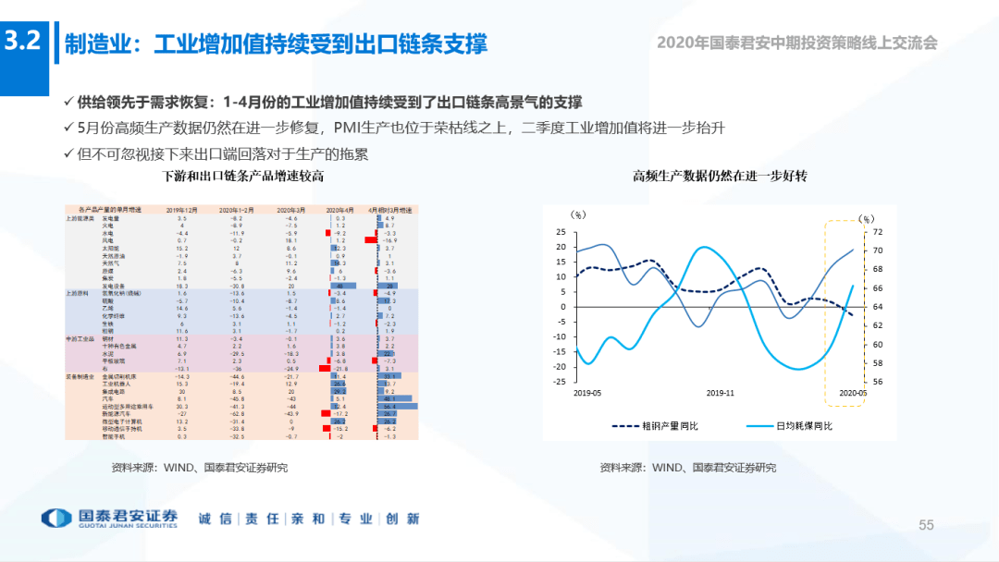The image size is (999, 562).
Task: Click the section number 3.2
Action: [23, 42]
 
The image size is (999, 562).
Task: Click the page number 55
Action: [926, 525]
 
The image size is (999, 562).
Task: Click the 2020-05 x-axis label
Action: [853, 392]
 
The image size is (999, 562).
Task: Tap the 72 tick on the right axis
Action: [878, 232]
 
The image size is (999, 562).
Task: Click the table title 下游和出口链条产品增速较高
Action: [242, 176]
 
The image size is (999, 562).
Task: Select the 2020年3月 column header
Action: [291, 211]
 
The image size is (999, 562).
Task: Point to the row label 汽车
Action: [106, 398]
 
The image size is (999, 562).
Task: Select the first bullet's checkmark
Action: [68, 102]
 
